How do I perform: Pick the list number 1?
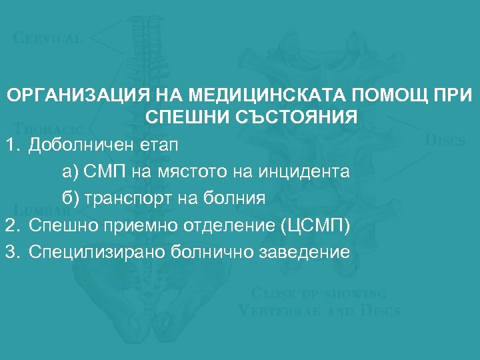[10, 144]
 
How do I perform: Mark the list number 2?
[10, 225]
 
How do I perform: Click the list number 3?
[10, 251]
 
